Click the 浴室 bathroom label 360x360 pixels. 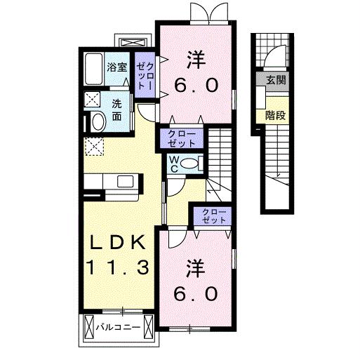pos(116,67)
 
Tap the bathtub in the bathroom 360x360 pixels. pos(93,68)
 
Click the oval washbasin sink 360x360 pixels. pos(98,122)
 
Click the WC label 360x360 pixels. pos(173,163)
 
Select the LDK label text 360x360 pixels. pos(116,242)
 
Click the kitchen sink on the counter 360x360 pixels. pos(126,182)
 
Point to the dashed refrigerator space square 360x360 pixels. pos(93,147)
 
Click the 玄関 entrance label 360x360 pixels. pos(275,80)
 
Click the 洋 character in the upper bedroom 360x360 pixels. pos(196,58)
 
